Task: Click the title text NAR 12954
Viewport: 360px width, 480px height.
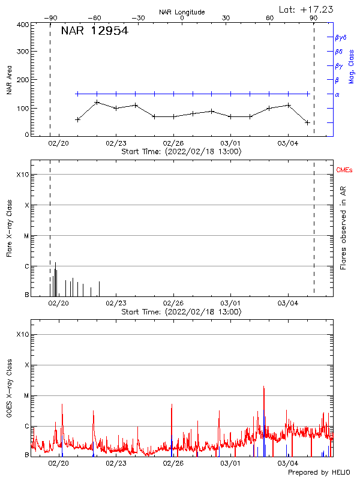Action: coord(94,31)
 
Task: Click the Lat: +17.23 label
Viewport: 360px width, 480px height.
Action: coord(307,9)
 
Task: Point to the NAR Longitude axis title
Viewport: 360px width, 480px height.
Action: coord(182,12)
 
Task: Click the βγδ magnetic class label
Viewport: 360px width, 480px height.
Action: coord(341,37)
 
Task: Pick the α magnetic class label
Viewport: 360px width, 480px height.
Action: coord(337,94)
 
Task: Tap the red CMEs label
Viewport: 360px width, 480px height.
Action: coord(345,171)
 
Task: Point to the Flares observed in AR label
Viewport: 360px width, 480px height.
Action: coord(344,228)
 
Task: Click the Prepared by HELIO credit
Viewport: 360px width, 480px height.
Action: coord(319,472)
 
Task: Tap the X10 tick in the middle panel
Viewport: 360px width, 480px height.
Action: coord(23,175)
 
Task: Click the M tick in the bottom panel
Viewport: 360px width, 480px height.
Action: coord(26,395)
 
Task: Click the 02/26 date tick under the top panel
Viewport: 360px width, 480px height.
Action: coord(173,143)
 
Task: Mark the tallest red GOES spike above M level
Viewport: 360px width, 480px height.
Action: coord(264,388)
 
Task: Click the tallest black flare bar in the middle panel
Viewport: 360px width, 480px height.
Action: coord(55,263)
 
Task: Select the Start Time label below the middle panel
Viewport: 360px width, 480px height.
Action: coord(182,312)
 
